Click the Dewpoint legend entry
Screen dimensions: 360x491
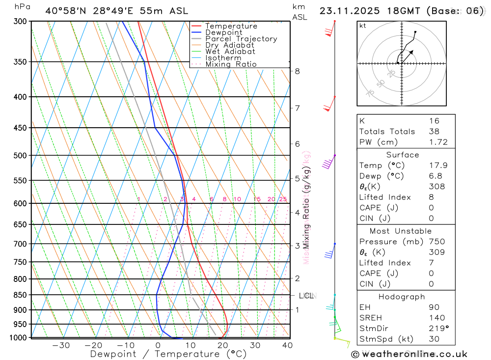(223, 32)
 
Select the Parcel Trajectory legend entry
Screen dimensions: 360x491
(241, 39)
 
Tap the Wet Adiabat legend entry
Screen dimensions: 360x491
(230, 52)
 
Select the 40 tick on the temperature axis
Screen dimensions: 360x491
(287, 345)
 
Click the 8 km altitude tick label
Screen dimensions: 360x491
(297, 71)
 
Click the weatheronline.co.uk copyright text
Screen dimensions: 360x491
(409, 354)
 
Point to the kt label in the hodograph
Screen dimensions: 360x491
(362, 26)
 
